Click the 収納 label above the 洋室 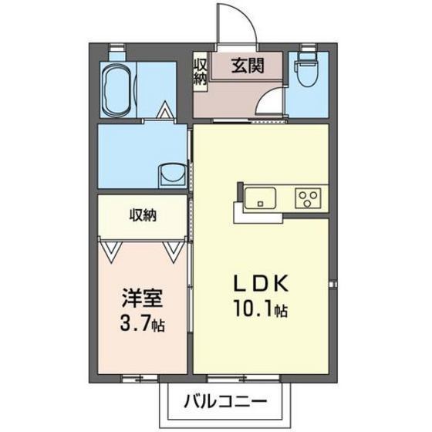tap(143, 216)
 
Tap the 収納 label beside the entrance tap(199, 71)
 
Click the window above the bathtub tap(116, 47)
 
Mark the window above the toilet tap(309, 47)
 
